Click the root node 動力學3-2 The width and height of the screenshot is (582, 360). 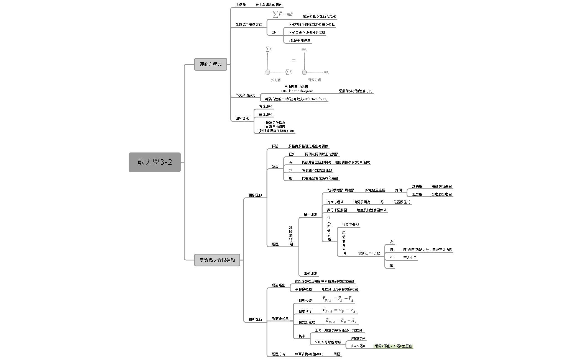[x=155, y=162]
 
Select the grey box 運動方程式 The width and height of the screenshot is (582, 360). [x=211, y=64]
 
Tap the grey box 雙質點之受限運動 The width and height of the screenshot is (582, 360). [x=217, y=260]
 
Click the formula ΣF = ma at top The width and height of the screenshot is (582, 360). [x=283, y=14]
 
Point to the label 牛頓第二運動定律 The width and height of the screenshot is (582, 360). [x=249, y=25]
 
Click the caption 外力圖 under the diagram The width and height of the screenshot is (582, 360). [x=275, y=80]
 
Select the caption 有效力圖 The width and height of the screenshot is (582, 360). [x=314, y=80]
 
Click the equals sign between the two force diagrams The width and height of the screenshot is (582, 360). [x=294, y=60]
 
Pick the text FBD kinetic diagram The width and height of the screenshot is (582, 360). [x=297, y=91]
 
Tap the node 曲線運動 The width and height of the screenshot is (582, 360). [x=265, y=115]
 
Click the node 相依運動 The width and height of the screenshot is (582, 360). [x=255, y=195]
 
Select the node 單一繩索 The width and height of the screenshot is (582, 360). [x=310, y=215]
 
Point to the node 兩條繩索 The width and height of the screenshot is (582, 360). [x=310, y=274]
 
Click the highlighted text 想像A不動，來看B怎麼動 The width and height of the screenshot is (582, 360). [x=393, y=346]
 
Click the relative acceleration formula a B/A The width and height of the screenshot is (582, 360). [x=341, y=321]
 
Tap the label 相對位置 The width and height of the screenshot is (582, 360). [x=305, y=301]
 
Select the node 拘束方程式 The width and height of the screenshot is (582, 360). [x=335, y=202]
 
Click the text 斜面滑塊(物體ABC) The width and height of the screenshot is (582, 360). [x=309, y=354]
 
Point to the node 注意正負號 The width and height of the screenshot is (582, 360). [x=350, y=225]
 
